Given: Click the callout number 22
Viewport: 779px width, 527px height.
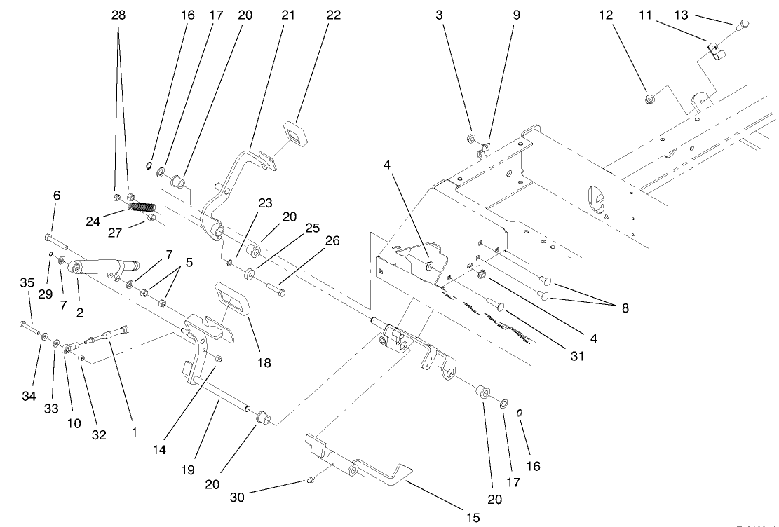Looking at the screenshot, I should tap(333, 15).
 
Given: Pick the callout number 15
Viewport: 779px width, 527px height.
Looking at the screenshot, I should tap(473, 518).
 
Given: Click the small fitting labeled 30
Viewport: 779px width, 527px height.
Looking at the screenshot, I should tap(309, 481).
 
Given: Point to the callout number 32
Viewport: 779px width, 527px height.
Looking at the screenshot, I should tap(99, 434).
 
